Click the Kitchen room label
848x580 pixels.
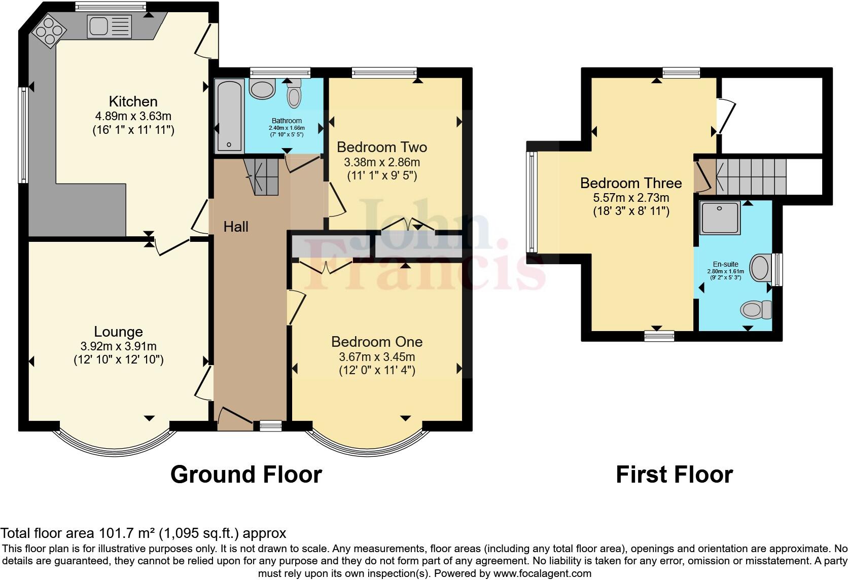[133, 101]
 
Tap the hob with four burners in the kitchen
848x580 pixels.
[50, 30]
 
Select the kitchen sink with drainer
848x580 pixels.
[109, 26]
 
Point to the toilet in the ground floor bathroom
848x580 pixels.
[294, 94]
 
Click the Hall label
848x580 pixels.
[236, 227]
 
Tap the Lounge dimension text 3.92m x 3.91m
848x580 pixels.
[118, 347]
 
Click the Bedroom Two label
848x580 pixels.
[381, 148]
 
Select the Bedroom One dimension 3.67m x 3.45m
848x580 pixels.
[377, 357]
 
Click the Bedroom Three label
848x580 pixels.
[631, 183]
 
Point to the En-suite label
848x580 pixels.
[725, 264]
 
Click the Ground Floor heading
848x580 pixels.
[246, 475]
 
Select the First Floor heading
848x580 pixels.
[674, 475]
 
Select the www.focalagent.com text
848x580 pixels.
[542, 574]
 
